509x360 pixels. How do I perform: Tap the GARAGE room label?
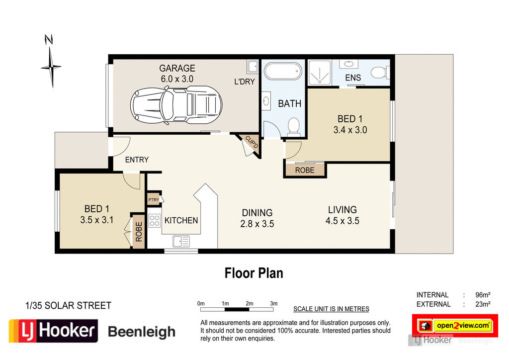[x=177, y=68]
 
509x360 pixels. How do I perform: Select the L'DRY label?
[x=245, y=82]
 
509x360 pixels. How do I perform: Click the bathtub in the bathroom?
[x=283, y=71]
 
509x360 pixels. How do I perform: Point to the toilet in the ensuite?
[x=381, y=73]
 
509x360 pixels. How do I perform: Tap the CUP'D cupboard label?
[x=252, y=143]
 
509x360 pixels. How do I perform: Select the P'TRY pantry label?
[x=153, y=200]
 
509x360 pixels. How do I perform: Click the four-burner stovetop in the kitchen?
[x=154, y=220]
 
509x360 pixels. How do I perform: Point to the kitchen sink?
[x=180, y=242]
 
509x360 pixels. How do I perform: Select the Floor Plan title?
[x=254, y=273]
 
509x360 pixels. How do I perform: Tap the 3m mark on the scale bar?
[x=273, y=303]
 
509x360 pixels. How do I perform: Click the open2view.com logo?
[x=455, y=326]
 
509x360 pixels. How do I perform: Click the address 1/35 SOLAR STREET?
[x=68, y=305]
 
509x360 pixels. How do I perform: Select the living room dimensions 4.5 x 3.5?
[x=342, y=221]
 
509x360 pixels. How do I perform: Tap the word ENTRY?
[x=137, y=160]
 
